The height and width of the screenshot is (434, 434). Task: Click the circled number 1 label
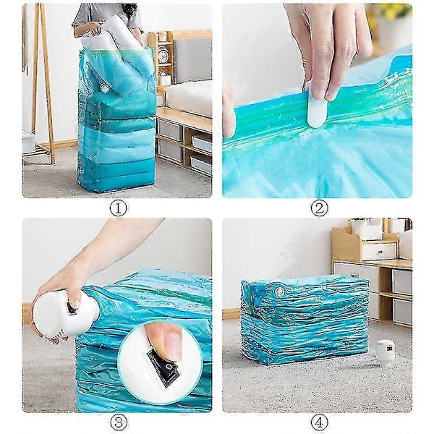click(x=118, y=208)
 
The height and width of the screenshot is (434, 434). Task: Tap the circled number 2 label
click(x=319, y=208)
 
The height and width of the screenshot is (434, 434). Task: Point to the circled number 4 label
click(x=319, y=422)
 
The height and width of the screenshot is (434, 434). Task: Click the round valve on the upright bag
click(x=105, y=88)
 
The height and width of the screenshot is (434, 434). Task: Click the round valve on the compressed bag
click(x=279, y=292)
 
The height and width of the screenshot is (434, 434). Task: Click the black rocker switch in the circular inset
click(x=163, y=365)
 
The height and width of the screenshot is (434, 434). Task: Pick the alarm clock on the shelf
click(x=163, y=54)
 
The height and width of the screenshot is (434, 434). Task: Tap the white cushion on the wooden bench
click(x=188, y=97)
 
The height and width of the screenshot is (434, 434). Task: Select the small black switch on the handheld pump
click(x=72, y=308)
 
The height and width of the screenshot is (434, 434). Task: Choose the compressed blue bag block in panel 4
click(x=305, y=318)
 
